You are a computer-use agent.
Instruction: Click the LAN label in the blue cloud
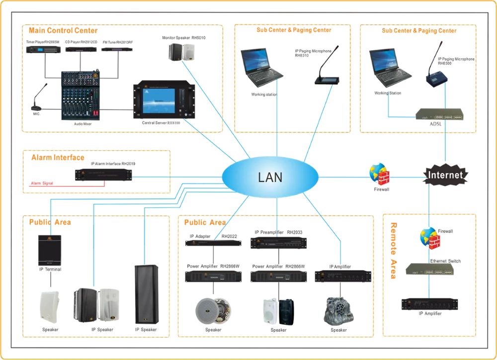pyautogui.click(x=270, y=177)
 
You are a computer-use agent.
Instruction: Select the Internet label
pyautogui.click(x=445, y=175)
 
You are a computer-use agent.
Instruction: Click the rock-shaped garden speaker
pyautogui.click(x=339, y=310)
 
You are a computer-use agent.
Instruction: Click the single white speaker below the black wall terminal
pyautogui.click(x=50, y=306)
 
